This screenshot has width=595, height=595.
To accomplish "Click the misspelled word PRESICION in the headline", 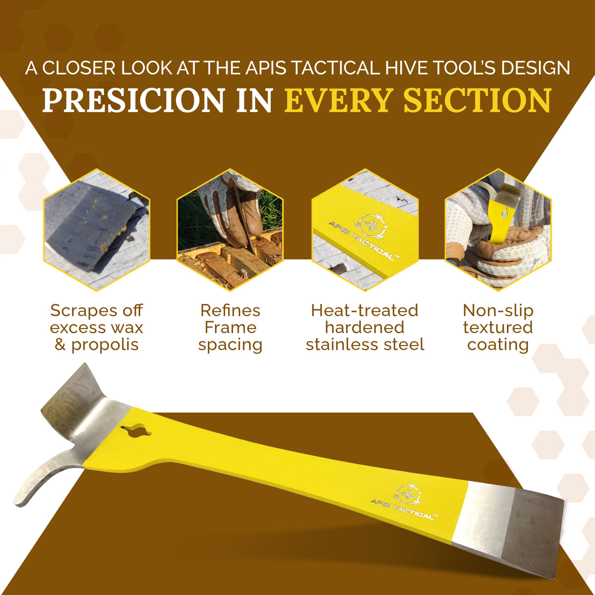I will [133, 100].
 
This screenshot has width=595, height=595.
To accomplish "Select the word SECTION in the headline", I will [477, 100].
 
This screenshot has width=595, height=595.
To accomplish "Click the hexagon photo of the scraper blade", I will [97, 230].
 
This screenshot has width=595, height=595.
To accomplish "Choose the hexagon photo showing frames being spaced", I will [230, 230].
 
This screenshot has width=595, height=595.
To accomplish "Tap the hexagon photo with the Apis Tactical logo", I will [365, 230].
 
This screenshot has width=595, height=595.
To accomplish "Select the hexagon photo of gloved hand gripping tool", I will [498, 230].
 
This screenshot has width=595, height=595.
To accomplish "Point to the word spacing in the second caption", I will [230, 345].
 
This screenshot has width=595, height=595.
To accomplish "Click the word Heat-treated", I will [364, 310].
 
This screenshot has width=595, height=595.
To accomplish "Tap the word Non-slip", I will [498, 310].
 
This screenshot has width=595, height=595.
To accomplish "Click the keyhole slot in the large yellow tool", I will [135, 432].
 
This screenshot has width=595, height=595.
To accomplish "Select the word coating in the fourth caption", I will [498, 345].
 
